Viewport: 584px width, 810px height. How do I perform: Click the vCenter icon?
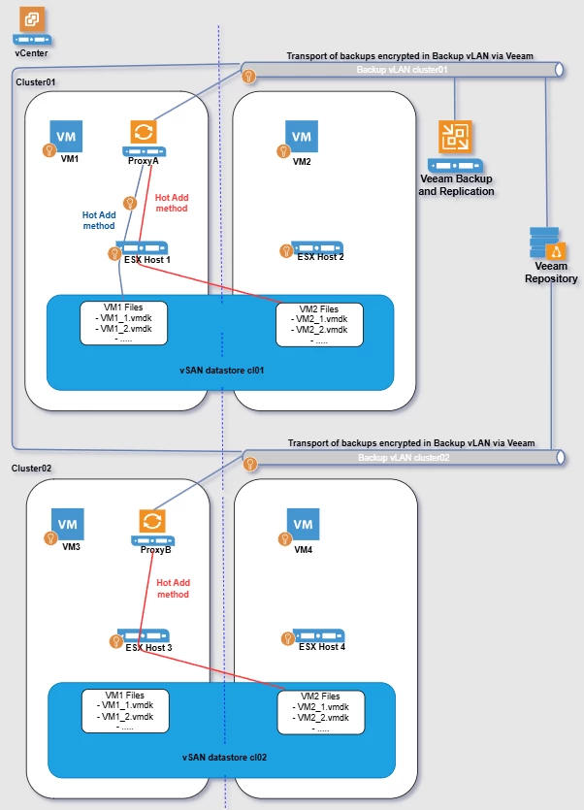(32, 26)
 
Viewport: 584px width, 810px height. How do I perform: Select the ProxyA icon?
(144, 138)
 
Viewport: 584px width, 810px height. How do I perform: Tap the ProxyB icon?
(152, 528)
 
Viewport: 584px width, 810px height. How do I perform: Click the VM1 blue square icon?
(66, 137)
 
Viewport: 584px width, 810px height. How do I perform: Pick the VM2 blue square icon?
(302, 137)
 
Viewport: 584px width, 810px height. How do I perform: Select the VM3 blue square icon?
(68, 525)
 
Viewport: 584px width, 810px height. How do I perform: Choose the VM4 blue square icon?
(304, 525)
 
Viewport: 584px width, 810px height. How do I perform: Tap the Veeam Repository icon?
(548, 243)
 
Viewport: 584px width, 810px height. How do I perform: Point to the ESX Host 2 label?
(320, 257)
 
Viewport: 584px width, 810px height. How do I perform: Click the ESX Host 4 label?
(322, 646)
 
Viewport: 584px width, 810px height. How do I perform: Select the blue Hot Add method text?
(99, 220)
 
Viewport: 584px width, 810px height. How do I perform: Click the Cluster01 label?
(35, 82)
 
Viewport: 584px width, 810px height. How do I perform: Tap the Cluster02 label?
(31, 468)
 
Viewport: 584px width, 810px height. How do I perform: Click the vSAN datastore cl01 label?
(222, 371)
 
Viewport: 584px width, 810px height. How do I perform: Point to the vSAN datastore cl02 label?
(224, 758)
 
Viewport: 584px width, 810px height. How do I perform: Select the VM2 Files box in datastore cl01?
(319, 325)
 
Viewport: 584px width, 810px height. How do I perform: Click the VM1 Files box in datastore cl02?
(125, 711)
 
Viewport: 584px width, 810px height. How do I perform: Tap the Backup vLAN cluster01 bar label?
(402, 70)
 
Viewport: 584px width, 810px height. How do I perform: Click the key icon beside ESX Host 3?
(116, 641)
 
